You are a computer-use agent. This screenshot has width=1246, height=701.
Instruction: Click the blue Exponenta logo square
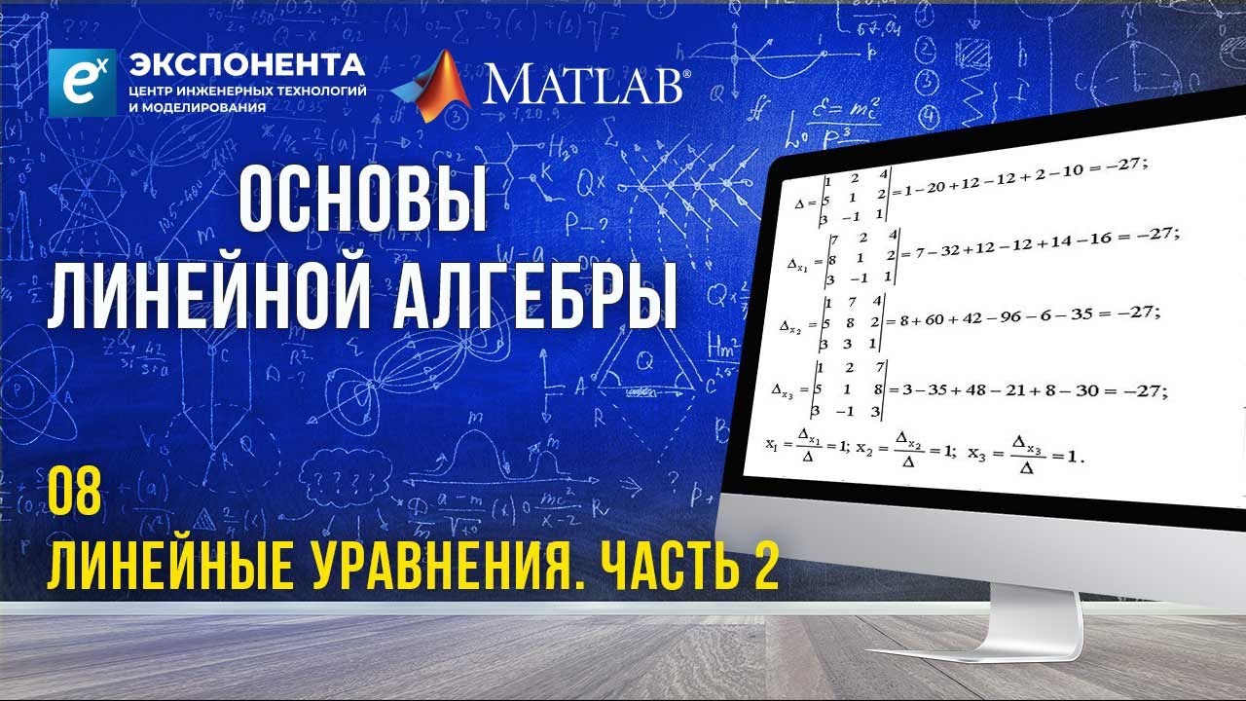(x=82, y=82)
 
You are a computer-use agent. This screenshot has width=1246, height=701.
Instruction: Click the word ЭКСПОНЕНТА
(x=247, y=65)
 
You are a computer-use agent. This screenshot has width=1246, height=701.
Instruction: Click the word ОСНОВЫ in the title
(x=363, y=199)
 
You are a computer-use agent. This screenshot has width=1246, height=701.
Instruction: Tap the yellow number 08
(x=75, y=495)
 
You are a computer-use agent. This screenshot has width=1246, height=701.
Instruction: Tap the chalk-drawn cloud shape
(x=346, y=479)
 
